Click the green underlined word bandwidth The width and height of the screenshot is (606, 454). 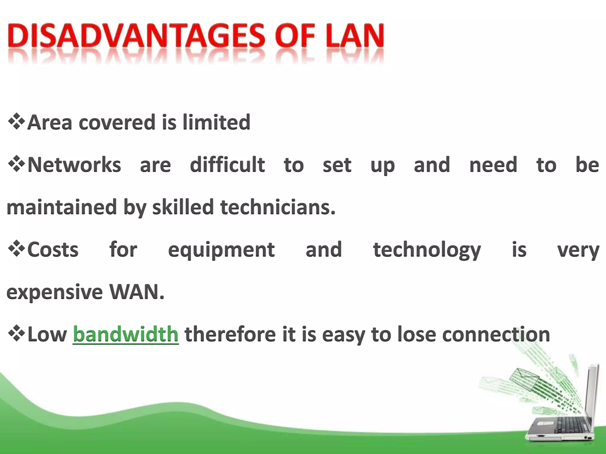point(125,334)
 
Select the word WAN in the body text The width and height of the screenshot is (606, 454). point(136,292)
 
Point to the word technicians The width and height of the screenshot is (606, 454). point(278,207)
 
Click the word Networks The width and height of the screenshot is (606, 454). point(74,165)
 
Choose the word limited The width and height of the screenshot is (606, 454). point(216,122)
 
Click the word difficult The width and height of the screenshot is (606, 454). point(227,165)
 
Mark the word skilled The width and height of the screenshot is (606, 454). point(183,207)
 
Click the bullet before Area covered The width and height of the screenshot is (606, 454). point(17,121)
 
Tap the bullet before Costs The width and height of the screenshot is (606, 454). point(17,249)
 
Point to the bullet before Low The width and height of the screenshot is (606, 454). point(17,334)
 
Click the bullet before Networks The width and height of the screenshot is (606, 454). point(17,164)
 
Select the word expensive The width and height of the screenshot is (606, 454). point(54,292)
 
